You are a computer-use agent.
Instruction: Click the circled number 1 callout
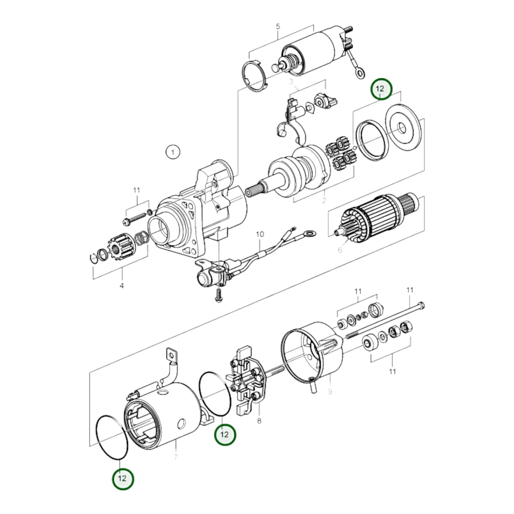(173, 153)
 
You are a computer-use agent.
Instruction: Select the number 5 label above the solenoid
(278, 26)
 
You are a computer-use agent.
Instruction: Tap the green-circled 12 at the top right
(381, 89)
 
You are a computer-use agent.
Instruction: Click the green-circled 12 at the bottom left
(122, 478)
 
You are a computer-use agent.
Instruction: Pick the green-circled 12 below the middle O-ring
(225, 434)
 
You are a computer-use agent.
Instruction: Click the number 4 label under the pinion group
(122, 286)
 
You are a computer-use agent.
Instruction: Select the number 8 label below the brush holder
(259, 421)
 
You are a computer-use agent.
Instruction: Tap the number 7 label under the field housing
(176, 457)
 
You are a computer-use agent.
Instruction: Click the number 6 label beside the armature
(340, 250)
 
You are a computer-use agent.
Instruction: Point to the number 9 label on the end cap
(330, 391)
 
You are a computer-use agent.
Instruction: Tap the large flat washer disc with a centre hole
(403, 128)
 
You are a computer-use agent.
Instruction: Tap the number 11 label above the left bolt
(137, 190)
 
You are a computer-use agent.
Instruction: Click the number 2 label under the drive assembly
(323, 201)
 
